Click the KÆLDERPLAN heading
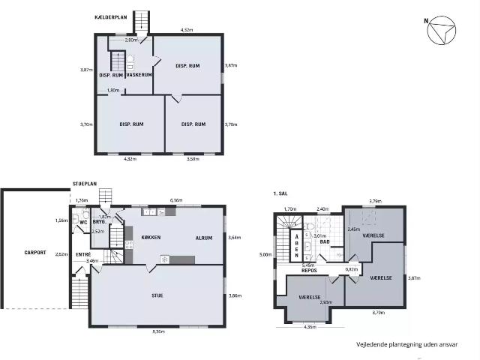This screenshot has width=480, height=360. click(110, 16)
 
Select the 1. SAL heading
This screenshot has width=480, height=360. click(280, 193)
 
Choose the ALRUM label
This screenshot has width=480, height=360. click(204, 238)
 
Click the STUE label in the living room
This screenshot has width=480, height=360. click(157, 295)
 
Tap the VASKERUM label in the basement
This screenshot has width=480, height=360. click(139, 75)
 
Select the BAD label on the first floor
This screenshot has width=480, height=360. click(325, 242)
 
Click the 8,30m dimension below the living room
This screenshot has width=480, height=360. click(157, 331)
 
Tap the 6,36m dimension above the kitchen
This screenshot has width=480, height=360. click(176, 201)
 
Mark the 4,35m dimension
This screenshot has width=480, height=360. click(310, 326)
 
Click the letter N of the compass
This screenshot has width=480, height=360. click(427, 21)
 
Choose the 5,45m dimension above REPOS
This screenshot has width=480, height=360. click(307, 265)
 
